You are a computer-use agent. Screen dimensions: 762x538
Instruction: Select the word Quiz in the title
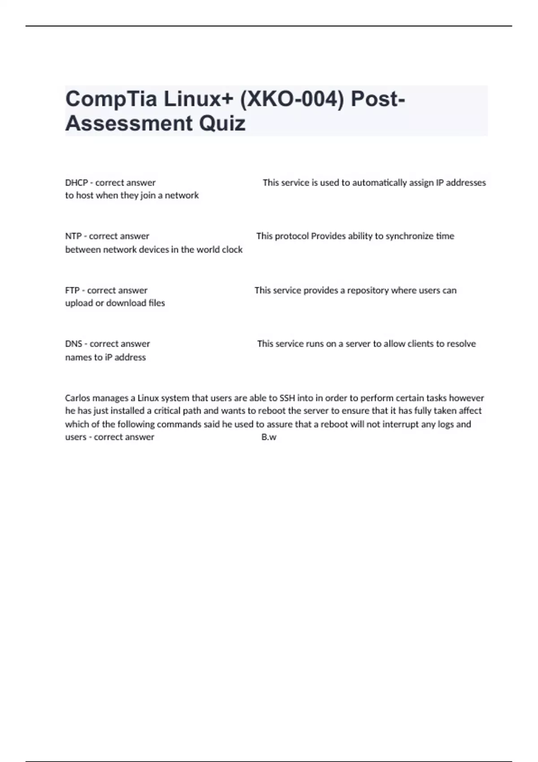222,123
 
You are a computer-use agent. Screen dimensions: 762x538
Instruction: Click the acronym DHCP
76,183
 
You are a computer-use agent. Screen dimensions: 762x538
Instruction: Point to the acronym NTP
73,236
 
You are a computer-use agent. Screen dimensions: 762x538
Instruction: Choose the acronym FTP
72,290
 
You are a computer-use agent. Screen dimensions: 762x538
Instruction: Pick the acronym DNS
74,344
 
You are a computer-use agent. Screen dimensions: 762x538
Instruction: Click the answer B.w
269,437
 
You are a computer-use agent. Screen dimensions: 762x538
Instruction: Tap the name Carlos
78,398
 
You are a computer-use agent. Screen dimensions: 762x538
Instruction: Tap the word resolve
461,344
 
